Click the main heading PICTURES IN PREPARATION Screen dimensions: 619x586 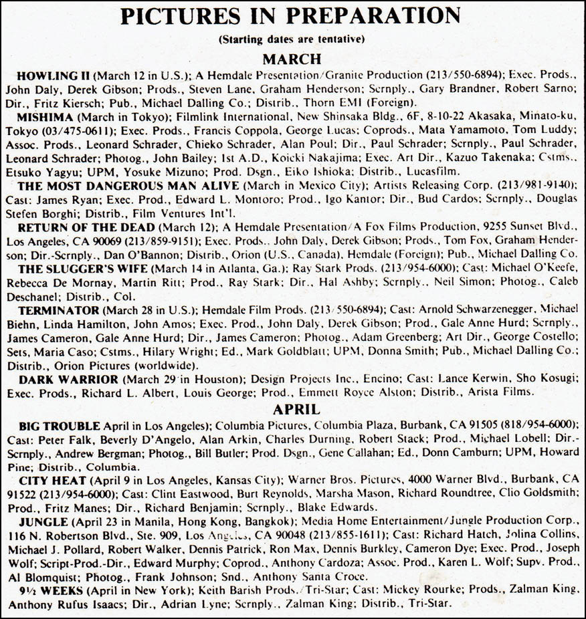tap(291, 16)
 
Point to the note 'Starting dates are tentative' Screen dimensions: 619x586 tap(292, 39)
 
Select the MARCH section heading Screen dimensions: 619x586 tap(292, 58)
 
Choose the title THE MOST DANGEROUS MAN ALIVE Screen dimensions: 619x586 tap(128, 185)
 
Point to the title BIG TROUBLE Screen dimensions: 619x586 tap(60, 426)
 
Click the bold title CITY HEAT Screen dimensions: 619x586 tap(53, 481)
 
